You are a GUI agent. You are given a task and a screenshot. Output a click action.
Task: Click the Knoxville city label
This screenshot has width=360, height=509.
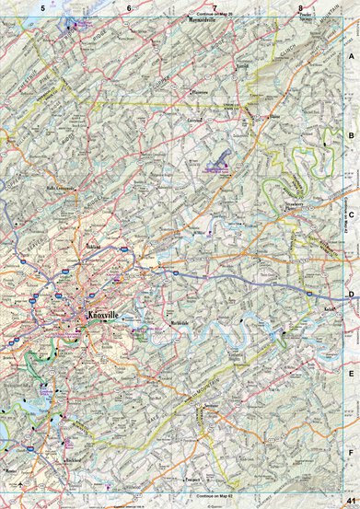(102, 316)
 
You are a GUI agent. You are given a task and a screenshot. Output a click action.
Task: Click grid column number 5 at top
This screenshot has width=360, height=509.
(43, 8)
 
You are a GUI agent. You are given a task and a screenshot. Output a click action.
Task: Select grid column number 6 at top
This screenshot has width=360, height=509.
(129, 8)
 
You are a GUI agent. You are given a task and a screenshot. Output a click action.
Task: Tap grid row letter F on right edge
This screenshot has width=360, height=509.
(351, 453)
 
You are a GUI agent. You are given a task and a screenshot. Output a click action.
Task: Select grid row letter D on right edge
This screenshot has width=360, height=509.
(351, 295)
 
